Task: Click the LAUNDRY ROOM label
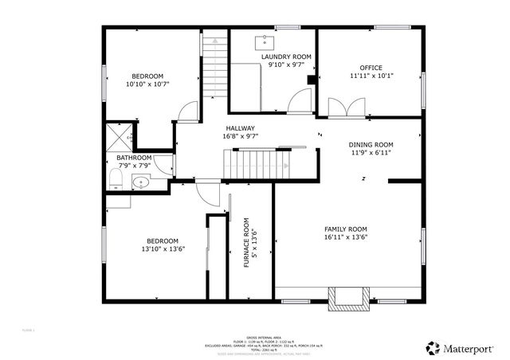coord(285,57)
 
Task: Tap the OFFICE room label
coord(371,68)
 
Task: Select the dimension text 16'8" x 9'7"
coord(240,136)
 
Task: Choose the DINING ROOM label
coord(371,144)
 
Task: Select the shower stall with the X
coord(120,136)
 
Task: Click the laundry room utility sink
coord(265,42)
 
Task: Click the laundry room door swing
coord(300,100)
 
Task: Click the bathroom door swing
coord(163,163)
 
